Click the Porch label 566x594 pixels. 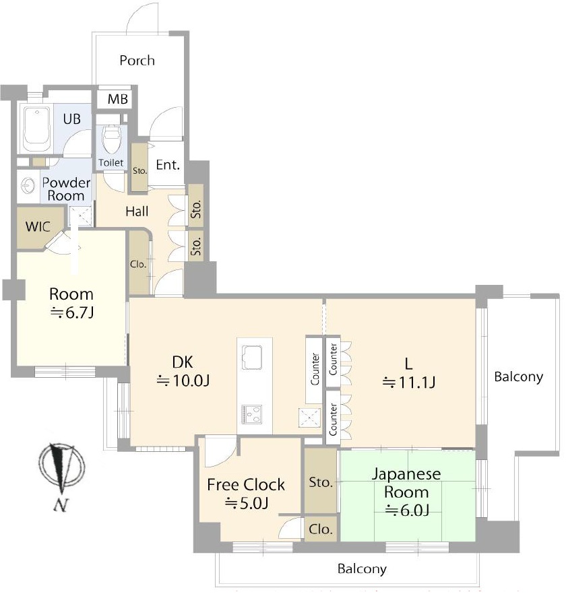[137, 61]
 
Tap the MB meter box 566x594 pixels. [118, 100]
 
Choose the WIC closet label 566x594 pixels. [38, 226]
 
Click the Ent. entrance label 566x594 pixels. [167, 165]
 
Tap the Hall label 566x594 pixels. [137, 211]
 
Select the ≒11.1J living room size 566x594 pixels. [409, 383]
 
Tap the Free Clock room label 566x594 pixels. [245, 485]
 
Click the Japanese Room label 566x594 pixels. [406, 483]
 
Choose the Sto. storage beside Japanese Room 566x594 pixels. [320, 482]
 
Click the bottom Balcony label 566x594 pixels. [362, 569]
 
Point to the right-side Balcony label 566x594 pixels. [518, 376]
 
